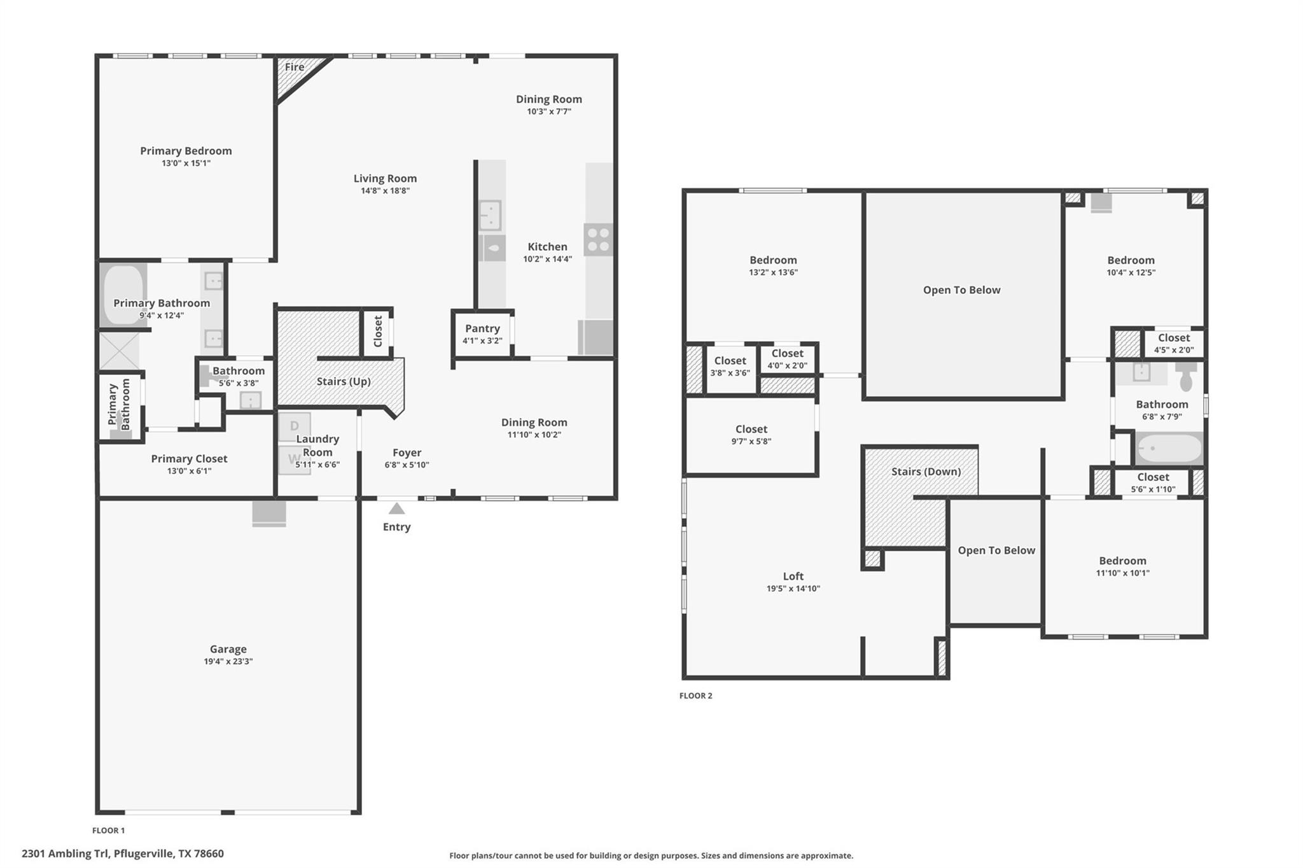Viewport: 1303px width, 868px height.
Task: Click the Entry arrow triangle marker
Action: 396,508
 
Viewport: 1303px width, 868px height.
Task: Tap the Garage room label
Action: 228,649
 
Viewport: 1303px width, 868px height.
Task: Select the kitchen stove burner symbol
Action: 598,239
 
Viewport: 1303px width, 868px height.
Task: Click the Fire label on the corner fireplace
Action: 294,67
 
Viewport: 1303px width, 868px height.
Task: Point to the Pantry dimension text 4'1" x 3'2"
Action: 482,340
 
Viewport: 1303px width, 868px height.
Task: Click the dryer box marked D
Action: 294,426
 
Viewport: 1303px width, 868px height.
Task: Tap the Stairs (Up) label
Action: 343,381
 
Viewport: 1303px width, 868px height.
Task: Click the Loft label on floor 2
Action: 793,576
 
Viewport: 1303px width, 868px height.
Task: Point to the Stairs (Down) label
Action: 925,472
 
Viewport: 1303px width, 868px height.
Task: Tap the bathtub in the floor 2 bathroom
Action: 1169,448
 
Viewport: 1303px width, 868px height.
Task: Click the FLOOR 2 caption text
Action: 695,696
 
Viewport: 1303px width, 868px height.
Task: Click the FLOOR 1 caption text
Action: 108,830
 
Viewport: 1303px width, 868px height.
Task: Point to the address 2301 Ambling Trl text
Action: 122,853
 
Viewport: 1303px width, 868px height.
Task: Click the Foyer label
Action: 407,452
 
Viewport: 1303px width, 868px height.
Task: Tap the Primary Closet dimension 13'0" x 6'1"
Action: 189,471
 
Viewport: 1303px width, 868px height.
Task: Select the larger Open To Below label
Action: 961,290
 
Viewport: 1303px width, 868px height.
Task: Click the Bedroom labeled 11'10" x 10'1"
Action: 1122,561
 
